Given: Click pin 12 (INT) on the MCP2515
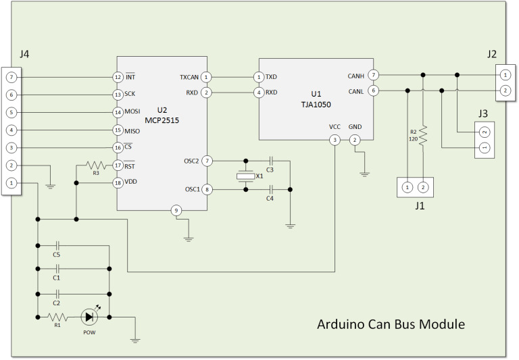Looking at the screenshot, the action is tap(118, 78).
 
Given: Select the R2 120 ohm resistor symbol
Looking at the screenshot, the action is tap(423, 136).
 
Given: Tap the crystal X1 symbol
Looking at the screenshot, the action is tap(245, 176).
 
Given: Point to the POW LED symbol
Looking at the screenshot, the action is tap(89, 317).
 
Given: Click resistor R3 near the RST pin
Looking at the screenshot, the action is tap(96, 164).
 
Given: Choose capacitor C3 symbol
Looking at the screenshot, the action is tap(271, 161).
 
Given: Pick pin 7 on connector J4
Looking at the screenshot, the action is tap(11, 78).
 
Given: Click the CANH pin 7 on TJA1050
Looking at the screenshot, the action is tap(373, 75).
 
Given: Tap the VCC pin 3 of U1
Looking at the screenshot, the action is tap(335, 140).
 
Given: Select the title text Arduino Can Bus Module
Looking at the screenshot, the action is tap(391, 324).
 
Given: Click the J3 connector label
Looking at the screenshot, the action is tap(483, 113).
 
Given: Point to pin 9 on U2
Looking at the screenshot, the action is tap(176, 211).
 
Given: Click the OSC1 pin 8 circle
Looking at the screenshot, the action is tap(207, 190).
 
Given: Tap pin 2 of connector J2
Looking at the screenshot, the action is tap(505, 91).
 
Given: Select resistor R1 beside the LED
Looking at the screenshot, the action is tap(57, 317).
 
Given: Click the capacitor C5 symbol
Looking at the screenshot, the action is tap(57, 245).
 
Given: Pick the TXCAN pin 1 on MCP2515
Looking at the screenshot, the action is tap(206, 78).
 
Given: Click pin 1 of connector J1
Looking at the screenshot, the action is tap(407, 187).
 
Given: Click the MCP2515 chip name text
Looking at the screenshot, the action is tap(162, 120).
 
